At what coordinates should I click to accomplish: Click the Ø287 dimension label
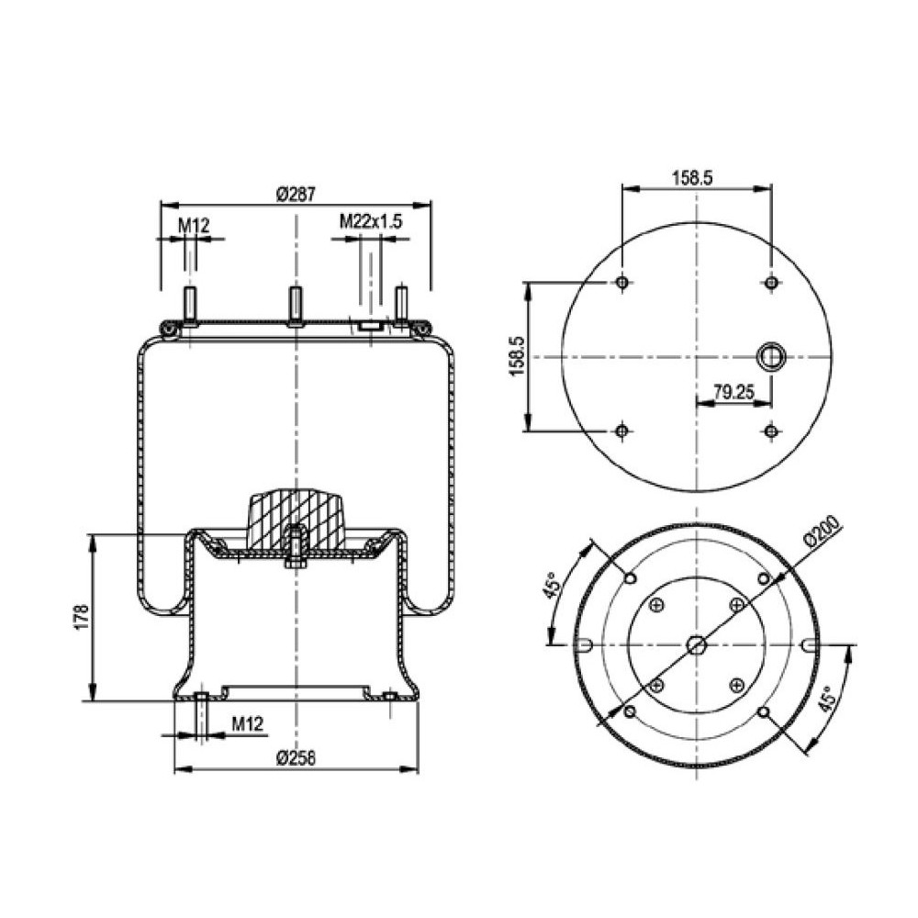pyautogui.click(x=296, y=195)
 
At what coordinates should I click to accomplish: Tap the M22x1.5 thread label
pyautogui.click(x=372, y=221)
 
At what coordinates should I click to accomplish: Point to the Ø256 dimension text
pyautogui.click(x=296, y=757)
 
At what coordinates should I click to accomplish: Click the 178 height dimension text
pyautogui.click(x=80, y=617)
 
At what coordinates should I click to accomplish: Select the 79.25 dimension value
pyautogui.click(x=733, y=392)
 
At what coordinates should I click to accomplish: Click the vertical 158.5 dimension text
pyautogui.click(x=516, y=356)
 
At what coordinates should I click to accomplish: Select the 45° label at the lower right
pyautogui.click(x=828, y=700)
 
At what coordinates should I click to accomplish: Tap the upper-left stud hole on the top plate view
pyautogui.click(x=622, y=282)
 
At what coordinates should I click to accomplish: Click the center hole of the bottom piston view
pyautogui.click(x=697, y=644)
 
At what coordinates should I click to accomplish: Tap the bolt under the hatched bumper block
pyautogui.click(x=296, y=551)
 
